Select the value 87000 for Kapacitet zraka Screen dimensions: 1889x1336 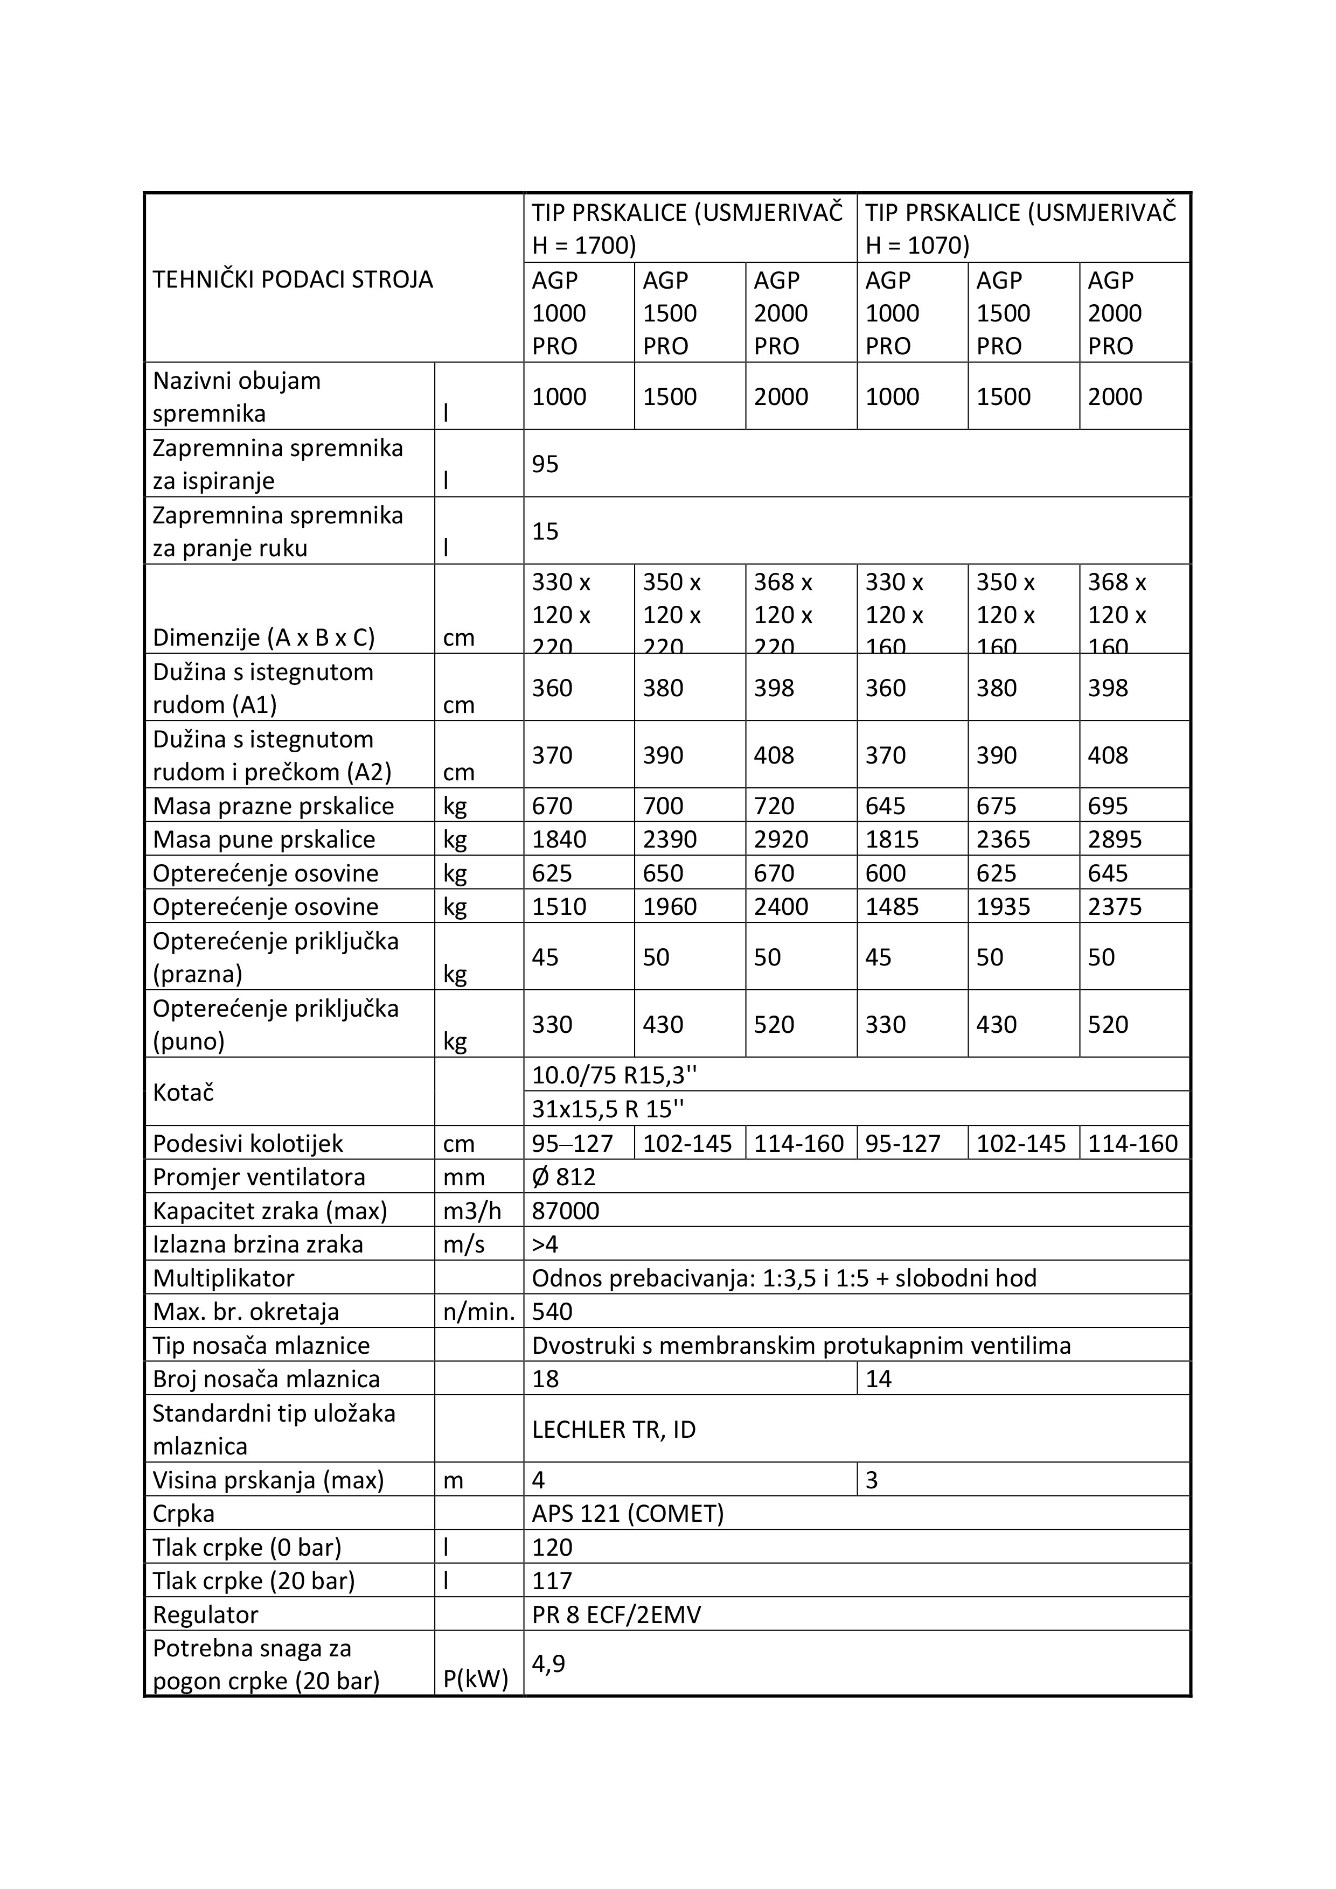(x=566, y=1211)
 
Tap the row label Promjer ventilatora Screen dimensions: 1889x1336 (x=259, y=1177)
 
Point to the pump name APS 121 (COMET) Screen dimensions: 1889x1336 (x=627, y=1513)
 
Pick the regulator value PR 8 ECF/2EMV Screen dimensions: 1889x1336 (x=616, y=1614)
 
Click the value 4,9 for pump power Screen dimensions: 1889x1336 (x=548, y=1663)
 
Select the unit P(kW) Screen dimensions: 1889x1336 (x=476, y=1678)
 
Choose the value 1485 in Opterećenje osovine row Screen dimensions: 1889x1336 (x=892, y=907)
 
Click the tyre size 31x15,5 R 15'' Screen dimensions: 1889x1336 (x=608, y=1109)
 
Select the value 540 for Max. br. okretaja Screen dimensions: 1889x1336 (x=552, y=1311)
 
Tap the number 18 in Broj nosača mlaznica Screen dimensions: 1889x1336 (x=545, y=1379)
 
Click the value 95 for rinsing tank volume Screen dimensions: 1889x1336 (x=545, y=464)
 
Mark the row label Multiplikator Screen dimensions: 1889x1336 (x=223, y=1278)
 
